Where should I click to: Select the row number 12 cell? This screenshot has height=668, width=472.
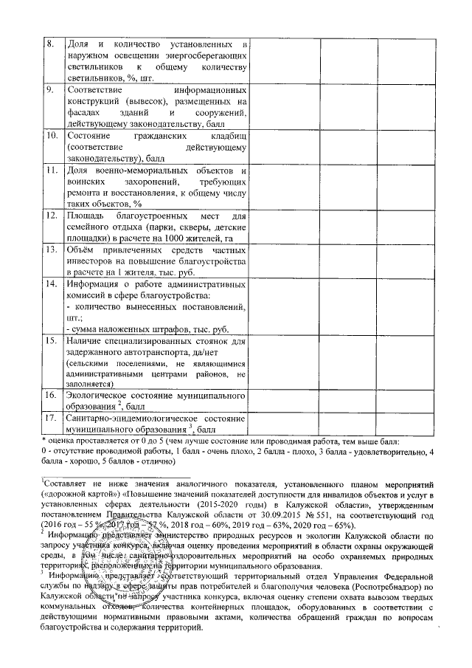(x=52, y=216)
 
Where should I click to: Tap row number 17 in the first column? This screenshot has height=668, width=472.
(x=52, y=419)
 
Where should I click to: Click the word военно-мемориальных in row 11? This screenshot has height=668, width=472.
(x=139, y=171)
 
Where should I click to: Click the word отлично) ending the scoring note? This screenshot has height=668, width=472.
(x=153, y=461)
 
